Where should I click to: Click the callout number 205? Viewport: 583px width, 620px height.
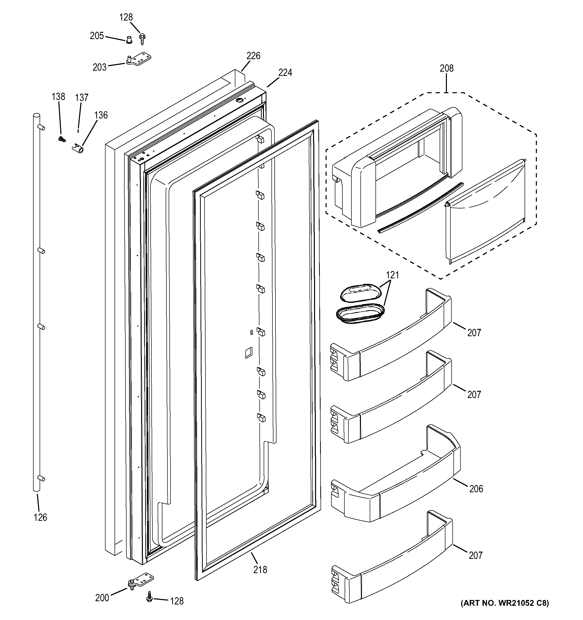97,36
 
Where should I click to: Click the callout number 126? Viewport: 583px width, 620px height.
40,517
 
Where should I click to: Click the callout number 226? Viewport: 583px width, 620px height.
253,56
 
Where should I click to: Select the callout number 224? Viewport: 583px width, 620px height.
285,73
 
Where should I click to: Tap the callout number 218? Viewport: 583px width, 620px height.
260,570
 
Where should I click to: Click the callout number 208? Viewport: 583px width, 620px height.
446,68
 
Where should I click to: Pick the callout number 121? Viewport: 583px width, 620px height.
392,275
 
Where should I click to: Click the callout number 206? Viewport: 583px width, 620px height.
476,489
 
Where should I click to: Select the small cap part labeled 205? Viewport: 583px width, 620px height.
129,40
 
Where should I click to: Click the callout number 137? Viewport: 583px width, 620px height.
81,98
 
